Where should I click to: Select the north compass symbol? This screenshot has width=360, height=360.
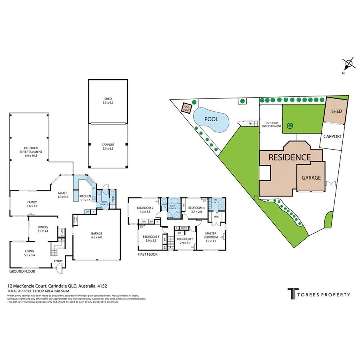(x=349, y=63)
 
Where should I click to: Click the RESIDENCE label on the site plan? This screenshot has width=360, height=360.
(x=289, y=157)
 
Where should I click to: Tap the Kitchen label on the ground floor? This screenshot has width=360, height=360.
(x=85, y=196)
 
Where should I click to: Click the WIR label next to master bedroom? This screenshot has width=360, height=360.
(x=216, y=217)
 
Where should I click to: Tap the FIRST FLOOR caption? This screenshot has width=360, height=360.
(x=147, y=254)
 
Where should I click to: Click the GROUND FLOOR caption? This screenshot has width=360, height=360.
(x=22, y=271)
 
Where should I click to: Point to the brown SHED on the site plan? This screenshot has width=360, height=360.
(x=336, y=111)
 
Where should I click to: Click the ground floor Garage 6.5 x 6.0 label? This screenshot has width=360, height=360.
(x=96, y=235)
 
